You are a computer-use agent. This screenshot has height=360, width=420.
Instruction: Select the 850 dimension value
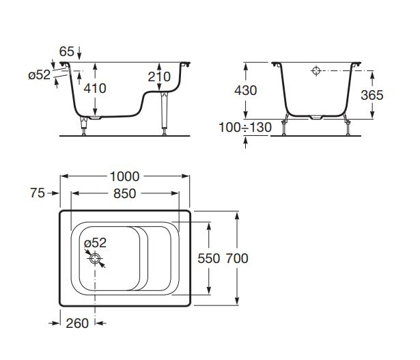point(124,193)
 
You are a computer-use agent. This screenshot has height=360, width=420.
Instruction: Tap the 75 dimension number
point(38,193)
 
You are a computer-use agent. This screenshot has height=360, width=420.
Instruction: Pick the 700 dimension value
point(236,258)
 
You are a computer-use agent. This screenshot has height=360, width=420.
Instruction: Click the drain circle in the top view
point(96,258)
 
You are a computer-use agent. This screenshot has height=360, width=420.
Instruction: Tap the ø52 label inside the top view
point(95,242)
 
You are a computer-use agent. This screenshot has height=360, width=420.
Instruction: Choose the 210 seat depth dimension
point(159,78)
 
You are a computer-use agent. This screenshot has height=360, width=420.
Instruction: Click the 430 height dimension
point(246,91)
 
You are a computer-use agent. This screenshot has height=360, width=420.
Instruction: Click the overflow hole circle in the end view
point(316,71)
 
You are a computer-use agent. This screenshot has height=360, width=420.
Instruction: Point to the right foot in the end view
point(348,127)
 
